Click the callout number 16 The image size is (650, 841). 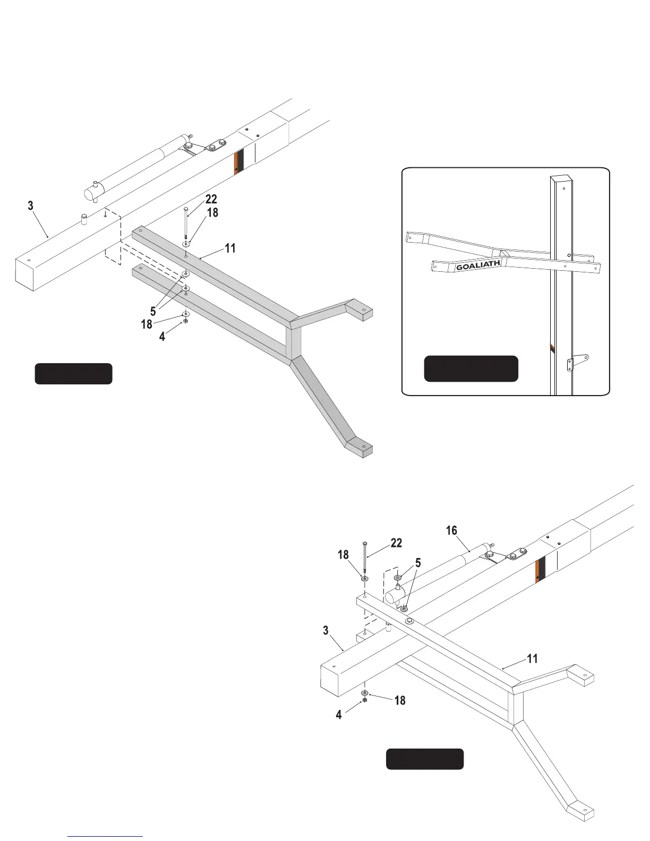[x=451, y=530]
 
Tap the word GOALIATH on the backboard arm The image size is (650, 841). [x=478, y=265]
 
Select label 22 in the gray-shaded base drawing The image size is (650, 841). [x=211, y=199]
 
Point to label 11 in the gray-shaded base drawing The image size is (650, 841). [x=230, y=248]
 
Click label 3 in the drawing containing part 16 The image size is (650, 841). [x=326, y=631]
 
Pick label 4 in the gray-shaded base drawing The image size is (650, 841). [x=162, y=337]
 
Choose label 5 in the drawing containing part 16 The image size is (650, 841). [x=418, y=563]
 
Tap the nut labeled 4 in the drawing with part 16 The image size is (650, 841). [x=365, y=701]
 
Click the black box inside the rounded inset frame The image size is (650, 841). [x=471, y=368]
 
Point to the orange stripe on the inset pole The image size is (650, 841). [x=552, y=348]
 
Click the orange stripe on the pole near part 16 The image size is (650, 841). [x=540, y=570]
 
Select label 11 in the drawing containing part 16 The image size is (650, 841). [x=532, y=659]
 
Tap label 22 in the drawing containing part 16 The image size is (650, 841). [x=396, y=543]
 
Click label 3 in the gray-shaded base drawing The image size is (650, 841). [x=31, y=205]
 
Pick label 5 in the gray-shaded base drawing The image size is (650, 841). [x=153, y=312]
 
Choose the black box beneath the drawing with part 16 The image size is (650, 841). [x=424, y=759]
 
